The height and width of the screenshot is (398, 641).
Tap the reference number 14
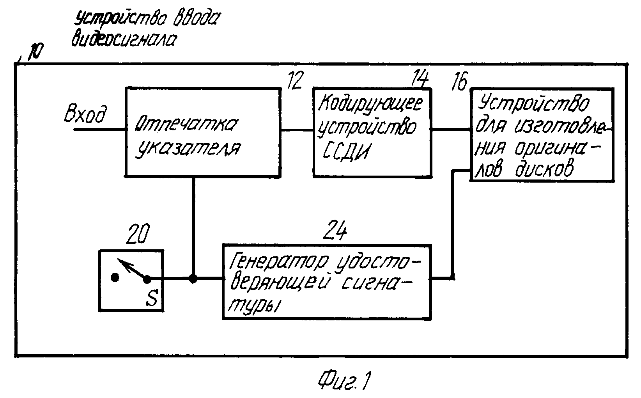click(x=420, y=78)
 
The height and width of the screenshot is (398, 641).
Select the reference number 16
click(x=459, y=81)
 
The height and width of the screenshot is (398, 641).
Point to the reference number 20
click(x=138, y=234)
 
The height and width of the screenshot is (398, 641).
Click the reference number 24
click(x=335, y=230)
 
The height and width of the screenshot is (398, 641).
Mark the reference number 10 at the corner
click(x=35, y=52)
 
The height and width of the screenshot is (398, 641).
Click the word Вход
click(x=85, y=114)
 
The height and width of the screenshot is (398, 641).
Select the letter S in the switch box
click(x=152, y=297)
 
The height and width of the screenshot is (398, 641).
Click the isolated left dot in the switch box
click(x=115, y=277)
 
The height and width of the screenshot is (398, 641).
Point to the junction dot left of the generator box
click(x=193, y=278)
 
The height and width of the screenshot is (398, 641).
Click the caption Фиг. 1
click(x=345, y=380)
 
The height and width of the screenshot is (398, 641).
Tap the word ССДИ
click(x=346, y=151)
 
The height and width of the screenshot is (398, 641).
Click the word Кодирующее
click(x=370, y=104)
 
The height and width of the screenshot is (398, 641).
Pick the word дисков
click(x=545, y=169)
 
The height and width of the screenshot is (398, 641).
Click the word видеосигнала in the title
click(x=124, y=40)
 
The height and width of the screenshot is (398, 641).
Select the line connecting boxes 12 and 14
click(x=297, y=130)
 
